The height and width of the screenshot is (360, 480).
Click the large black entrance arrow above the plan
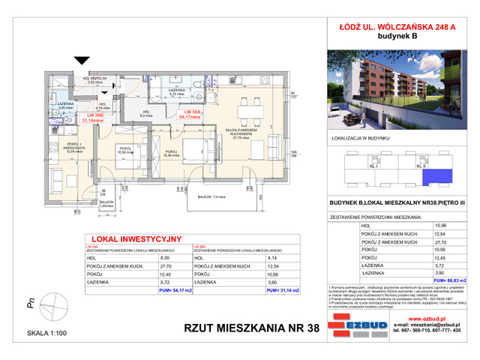pos(77,62)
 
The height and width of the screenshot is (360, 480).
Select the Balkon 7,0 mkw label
pos(212,196)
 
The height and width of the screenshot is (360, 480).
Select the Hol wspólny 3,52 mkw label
pos(97,80)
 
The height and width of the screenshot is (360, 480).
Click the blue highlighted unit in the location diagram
pos(433,177)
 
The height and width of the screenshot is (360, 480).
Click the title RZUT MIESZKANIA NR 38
pos(255,326)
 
